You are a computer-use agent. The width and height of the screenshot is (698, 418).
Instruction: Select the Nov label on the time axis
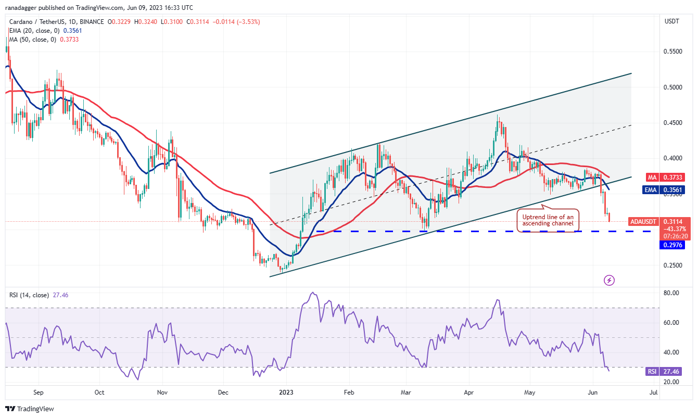[162, 392]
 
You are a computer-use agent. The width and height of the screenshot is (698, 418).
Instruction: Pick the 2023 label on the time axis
[286, 392]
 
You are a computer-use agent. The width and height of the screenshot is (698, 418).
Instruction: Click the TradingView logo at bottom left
[30, 409]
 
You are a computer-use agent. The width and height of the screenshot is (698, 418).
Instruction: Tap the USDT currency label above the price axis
[672, 21]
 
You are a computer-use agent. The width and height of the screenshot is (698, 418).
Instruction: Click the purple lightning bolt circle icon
[610, 281]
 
